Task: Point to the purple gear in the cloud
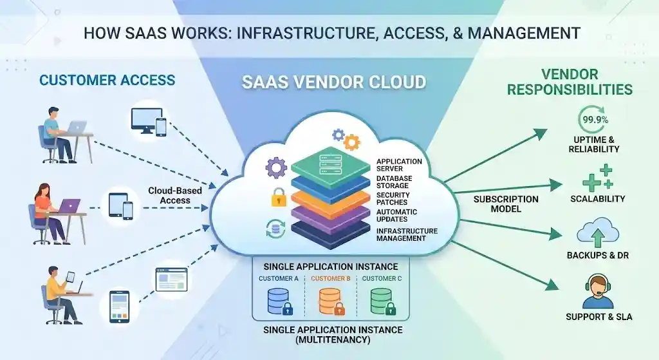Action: coord(277,168)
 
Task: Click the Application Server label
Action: coord(399,166)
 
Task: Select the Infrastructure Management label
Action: coord(407,234)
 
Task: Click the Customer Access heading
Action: coord(107,80)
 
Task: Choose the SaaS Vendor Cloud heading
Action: coord(333,82)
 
